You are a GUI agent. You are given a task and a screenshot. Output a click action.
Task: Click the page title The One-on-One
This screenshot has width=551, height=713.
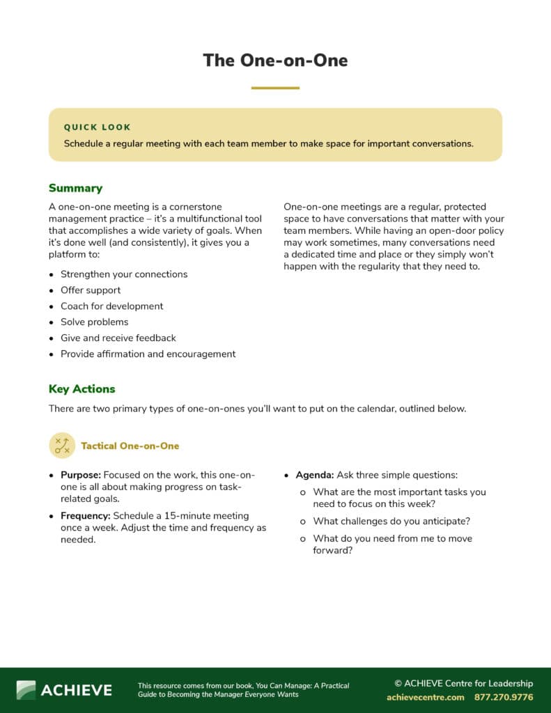[x=275, y=60]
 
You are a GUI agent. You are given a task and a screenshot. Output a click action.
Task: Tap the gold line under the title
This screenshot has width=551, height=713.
[x=275, y=88]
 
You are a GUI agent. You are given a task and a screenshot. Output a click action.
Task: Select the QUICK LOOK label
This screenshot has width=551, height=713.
[x=98, y=127]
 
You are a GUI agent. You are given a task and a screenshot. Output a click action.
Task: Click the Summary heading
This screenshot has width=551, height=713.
[x=75, y=188]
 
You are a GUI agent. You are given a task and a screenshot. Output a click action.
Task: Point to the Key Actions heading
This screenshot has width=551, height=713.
[x=82, y=389]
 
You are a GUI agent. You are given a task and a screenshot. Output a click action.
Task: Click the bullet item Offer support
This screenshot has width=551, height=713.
[x=91, y=290]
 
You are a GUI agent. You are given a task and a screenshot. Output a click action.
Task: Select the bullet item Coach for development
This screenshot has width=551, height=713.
[x=111, y=306]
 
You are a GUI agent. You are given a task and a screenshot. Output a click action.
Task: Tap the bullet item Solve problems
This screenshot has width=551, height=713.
[x=94, y=322]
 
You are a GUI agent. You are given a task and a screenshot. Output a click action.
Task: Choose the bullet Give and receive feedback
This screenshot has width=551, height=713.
[x=118, y=338]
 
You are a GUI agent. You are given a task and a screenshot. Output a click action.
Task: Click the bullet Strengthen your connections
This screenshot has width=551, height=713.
[x=123, y=274]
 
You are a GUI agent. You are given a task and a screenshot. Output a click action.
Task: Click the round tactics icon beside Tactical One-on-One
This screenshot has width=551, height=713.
[x=62, y=446]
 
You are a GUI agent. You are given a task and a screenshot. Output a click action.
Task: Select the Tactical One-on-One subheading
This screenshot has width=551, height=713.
[x=130, y=446]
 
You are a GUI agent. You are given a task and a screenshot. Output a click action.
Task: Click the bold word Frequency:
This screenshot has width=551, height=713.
[x=85, y=516]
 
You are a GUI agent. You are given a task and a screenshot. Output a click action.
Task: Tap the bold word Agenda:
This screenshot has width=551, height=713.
[x=315, y=475]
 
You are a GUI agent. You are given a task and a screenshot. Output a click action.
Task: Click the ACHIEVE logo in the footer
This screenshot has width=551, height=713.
[x=64, y=690]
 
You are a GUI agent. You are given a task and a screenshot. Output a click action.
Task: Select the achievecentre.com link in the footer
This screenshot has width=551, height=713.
[x=425, y=697]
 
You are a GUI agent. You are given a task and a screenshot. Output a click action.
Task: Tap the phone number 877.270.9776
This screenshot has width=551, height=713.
[x=504, y=697]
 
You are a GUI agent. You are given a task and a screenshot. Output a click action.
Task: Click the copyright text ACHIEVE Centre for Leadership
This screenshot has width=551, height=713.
[x=463, y=683]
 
